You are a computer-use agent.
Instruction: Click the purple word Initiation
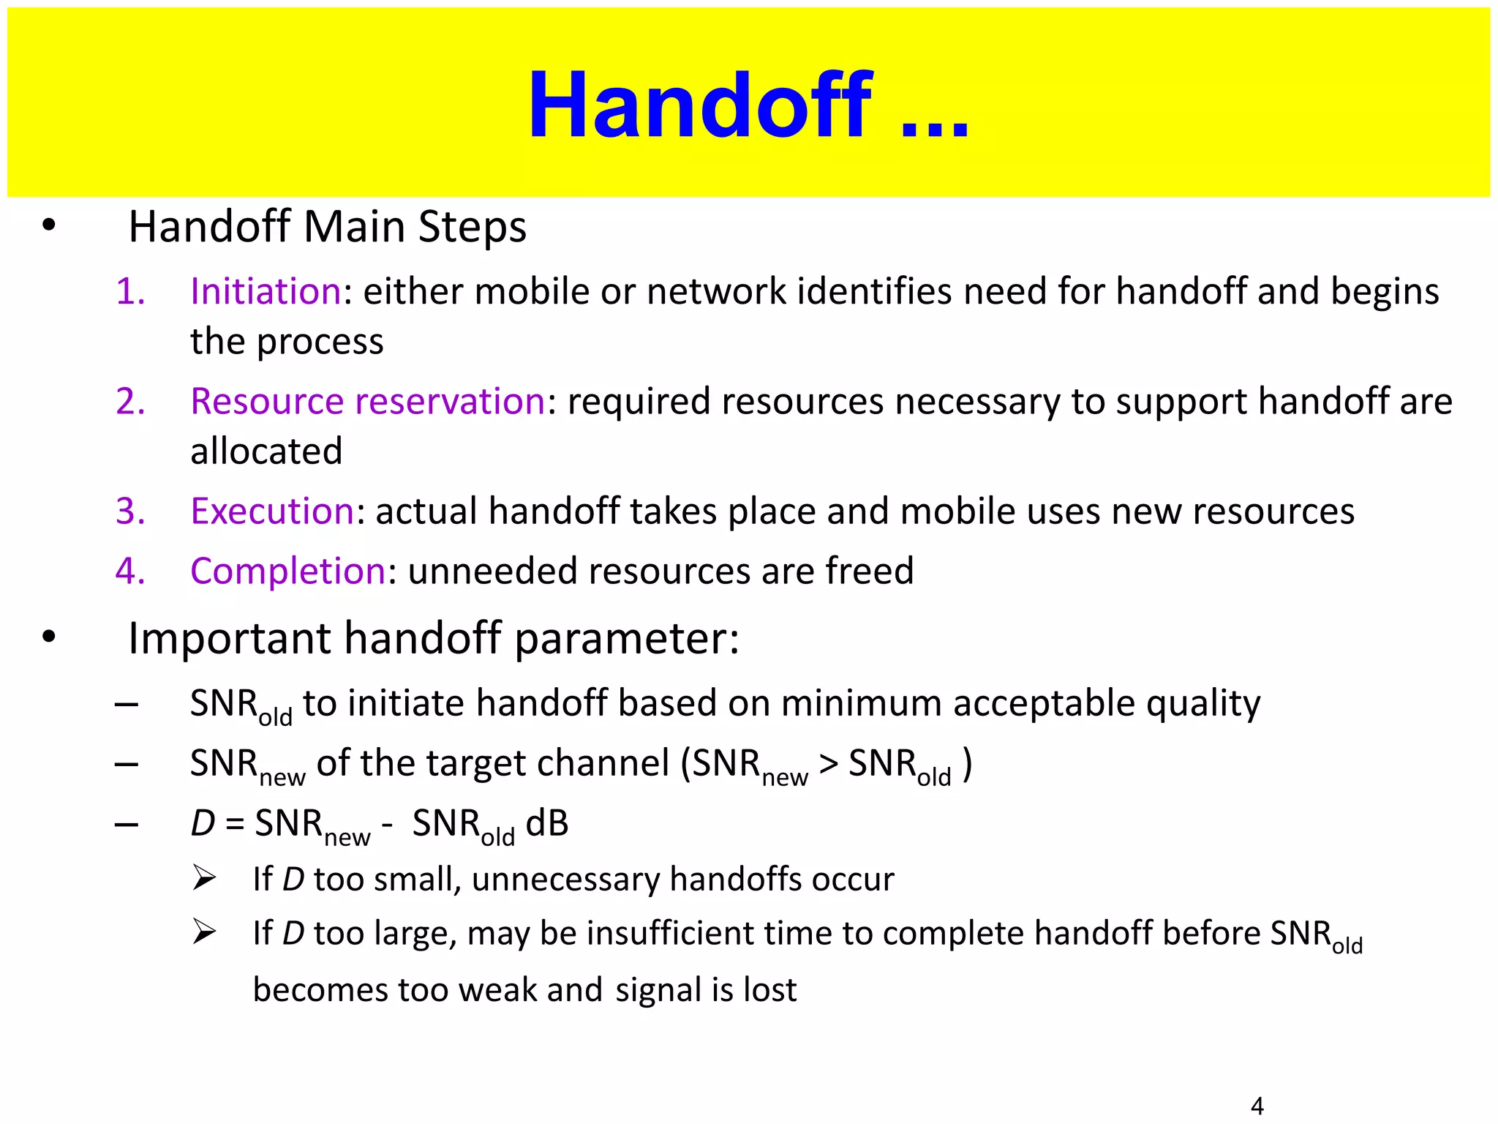point(266,291)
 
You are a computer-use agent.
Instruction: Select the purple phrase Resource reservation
point(367,401)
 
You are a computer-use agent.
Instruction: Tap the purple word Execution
point(272,511)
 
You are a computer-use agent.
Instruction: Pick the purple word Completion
point(287,571)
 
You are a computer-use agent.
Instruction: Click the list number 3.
point(130,511)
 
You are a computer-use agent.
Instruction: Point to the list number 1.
point(130,291)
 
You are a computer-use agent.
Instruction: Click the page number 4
point(1257,1105)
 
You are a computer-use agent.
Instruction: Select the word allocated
point(266,451)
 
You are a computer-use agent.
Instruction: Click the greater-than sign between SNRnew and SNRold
point(828,763)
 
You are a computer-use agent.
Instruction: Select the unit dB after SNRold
point(547,823)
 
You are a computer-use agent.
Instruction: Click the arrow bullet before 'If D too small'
point(204,877)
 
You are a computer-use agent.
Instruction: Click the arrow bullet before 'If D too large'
point(204,932)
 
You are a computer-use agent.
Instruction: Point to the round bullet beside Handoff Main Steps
point(48,225)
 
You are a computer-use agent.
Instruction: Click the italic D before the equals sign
point(203,823)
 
